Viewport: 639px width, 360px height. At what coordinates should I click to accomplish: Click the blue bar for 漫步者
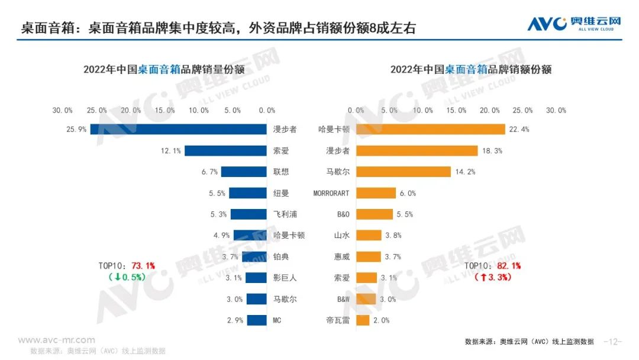click(x=178, y=129)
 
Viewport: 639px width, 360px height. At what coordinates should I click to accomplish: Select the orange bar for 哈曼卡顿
click(x=430, y=129)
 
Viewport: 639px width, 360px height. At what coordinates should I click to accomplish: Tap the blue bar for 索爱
click(x=225, y=150)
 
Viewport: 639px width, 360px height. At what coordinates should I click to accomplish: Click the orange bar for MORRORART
click(x=376, y=193)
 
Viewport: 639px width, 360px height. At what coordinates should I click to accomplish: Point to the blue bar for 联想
click(x=244, y=172)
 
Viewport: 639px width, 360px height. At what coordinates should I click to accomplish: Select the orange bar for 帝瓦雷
click(x=363, y=320)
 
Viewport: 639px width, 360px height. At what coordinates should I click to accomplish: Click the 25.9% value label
click(x=77, y=129)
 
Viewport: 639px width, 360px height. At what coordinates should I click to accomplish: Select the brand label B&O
click(x=343, y=214)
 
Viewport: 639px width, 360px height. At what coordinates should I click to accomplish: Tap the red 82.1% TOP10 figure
click(x=508, y=266)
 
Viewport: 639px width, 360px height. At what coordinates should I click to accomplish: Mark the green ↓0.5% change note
click(x=128, y=277)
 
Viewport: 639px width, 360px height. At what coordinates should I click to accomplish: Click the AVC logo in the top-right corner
click(x=574, y=24)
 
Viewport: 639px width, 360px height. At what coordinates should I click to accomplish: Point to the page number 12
click(x=612, y=342)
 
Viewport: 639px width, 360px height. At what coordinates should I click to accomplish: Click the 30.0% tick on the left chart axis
click(x=62, y=110)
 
